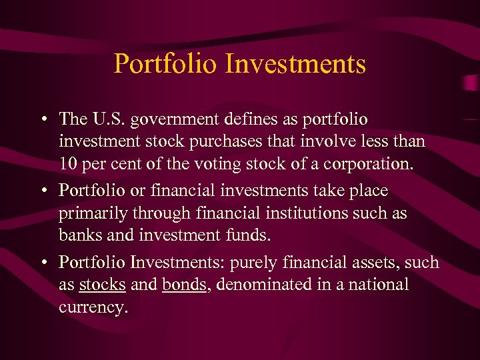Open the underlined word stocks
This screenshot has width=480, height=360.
(102, 285)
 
